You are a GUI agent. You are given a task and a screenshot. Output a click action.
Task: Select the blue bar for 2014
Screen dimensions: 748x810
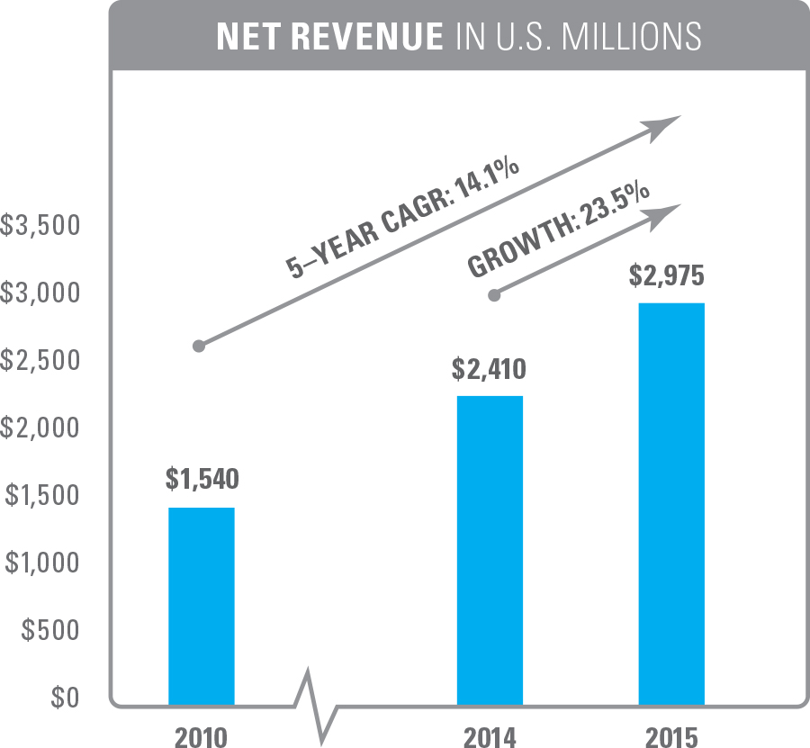490,549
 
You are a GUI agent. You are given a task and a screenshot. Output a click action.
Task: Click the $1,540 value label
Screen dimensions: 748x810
202,479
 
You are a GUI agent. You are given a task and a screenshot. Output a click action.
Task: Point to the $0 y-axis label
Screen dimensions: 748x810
63,698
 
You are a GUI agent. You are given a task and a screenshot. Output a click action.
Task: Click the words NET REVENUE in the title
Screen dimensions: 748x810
329,36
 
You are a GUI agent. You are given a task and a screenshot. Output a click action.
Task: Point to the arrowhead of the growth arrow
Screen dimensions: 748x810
667,214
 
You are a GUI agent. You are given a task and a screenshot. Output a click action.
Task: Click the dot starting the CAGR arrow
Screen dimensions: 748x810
199,346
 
